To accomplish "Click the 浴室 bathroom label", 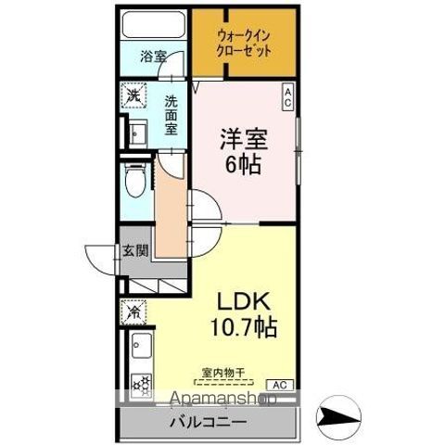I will [x=153, y=57].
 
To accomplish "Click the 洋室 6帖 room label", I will [x=243, y=151].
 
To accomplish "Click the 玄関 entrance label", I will [x=134, y=249].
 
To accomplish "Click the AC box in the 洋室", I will [x=287, y=97].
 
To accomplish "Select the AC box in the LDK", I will [x=278, y=383].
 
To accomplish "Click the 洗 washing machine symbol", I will [x=134, y=95].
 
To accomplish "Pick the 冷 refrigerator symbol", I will [x=133, y=312].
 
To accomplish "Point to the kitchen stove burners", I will [x=140, y=383].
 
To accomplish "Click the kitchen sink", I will [x=140, y=351].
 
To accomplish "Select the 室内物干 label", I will [x=223, y=373].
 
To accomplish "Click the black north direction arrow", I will [x=337, y=413].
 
